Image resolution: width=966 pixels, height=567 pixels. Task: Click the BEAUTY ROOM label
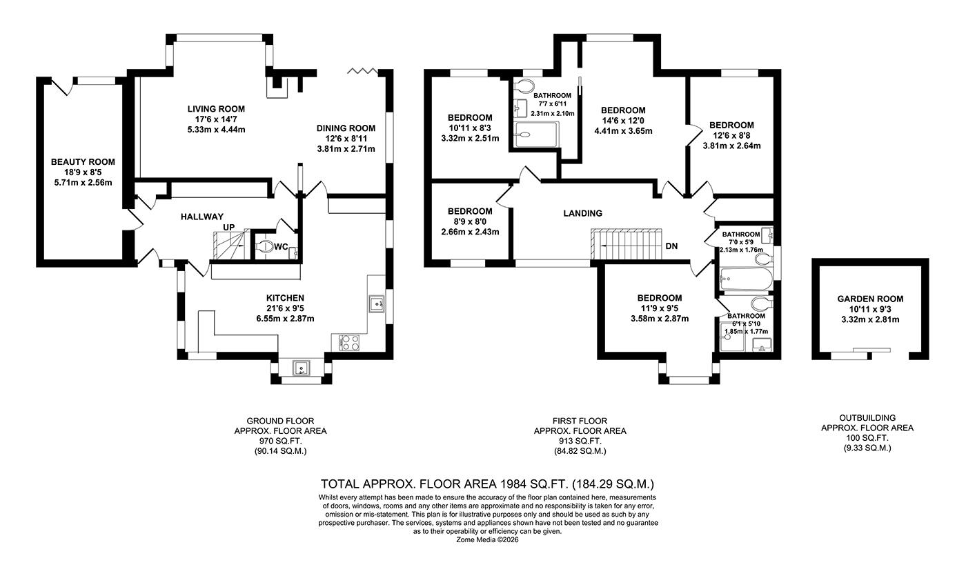[x=83, y=162]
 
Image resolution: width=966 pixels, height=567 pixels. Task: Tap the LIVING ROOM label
[x=216, y=109]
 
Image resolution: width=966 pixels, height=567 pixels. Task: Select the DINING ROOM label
[x=346, y=128]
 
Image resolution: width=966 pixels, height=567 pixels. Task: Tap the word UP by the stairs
[x=229, y=226]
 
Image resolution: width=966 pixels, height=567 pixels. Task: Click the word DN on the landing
[x=672, y=246]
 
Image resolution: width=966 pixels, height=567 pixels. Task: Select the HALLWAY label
[x=202, y=217]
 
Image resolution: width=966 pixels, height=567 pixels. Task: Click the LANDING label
[x=582, y=213]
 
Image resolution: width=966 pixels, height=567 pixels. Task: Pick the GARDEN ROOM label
[x=870, y=299]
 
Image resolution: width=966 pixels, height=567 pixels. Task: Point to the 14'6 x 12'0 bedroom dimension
[x=623, y=121]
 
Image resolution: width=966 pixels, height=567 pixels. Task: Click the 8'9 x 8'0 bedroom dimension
[x=470, y=221]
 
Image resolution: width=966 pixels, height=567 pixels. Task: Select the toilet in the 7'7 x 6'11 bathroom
[x=524, y=86]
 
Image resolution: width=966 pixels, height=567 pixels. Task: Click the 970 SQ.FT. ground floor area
[x=280, y=441]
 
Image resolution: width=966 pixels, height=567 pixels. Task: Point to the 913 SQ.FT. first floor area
[x=580, y=441]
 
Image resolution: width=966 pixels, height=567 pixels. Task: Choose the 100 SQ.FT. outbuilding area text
[x=867, y=437]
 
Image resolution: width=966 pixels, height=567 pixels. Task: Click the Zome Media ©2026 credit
[x=487, y=540]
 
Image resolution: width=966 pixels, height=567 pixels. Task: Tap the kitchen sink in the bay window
[x=302, y=368]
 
